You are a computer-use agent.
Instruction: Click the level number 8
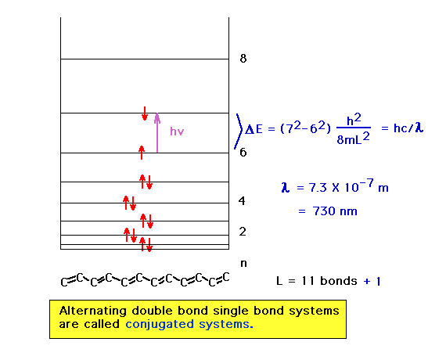(243, 59)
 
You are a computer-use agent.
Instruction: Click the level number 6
(243, 153)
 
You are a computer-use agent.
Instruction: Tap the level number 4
(242, 201)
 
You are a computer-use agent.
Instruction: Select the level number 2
(243, 232)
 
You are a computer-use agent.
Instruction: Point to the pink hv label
(177, 131)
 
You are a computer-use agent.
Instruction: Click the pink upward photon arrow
(157, 132)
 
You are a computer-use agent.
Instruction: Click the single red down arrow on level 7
(145, 113)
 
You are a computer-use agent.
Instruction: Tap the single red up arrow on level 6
(142, 153)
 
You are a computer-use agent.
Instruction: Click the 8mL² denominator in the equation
(353, 139)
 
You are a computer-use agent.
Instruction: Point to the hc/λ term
(408, 128)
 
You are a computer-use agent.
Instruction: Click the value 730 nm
(335, 211)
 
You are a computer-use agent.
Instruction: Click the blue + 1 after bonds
(372, 281)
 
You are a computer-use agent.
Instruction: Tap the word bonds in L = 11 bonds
(339, 281)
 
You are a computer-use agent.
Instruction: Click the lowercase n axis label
(243, 264)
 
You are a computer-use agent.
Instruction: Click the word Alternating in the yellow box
(93, 311)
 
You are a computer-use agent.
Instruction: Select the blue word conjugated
(160, 325)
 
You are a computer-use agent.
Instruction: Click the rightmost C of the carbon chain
(226, 277)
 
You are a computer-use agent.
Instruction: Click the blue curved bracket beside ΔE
(239, 131)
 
